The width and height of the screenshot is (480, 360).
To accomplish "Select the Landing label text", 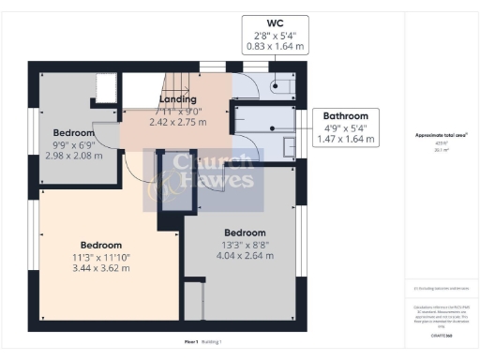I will pos(177,98).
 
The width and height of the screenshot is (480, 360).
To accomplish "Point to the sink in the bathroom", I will pos(289,146).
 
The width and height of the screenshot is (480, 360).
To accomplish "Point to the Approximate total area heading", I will pos(441,135).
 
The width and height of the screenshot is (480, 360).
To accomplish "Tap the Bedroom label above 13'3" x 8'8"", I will pos(245,232).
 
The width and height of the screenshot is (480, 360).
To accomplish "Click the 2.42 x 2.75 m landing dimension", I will pos(179,121).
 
